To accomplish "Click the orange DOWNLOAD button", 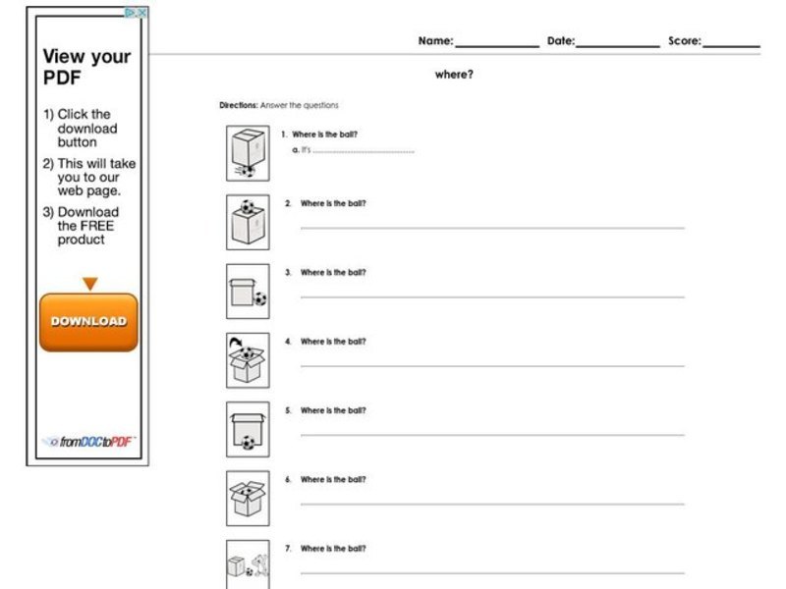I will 88,322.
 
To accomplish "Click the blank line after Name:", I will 496,45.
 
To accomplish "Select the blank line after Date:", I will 618,45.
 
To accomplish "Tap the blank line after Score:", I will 731,45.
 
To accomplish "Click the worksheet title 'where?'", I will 454,75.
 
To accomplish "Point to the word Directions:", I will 239,105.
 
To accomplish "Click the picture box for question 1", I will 248,153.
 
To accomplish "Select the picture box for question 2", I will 248,222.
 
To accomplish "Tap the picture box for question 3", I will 248,291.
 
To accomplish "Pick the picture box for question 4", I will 248,360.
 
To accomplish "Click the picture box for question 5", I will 248,429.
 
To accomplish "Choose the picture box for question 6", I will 248,498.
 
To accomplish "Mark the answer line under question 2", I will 491,228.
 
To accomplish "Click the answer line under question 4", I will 491,365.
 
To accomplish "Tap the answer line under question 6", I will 491,504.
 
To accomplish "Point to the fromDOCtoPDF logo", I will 88,442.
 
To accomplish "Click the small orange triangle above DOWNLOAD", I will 89,284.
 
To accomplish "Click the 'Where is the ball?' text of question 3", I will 333,273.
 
